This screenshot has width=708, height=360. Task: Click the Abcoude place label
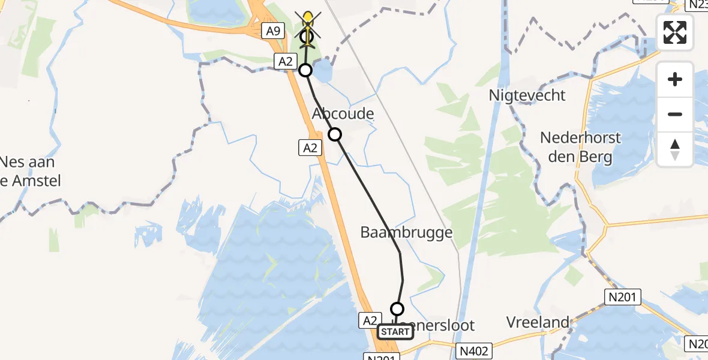[343, 114]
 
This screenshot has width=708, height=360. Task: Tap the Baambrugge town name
[406, 232]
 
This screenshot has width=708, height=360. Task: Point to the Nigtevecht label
[527, 95]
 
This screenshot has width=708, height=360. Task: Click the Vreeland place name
[538, 322]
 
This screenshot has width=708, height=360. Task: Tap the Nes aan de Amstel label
[30, 171]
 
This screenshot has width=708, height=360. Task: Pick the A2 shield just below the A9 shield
[284, 60]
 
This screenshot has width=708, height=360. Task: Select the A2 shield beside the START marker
[370, 321]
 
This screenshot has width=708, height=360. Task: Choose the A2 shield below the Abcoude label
[310, 147]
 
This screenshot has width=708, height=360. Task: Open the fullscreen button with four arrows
[675, 32]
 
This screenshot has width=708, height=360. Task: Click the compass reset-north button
[675, 149]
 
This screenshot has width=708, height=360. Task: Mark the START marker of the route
[395, 332]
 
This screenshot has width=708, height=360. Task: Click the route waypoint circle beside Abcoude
[335, 134]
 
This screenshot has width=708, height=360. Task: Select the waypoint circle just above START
[397, 309]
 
